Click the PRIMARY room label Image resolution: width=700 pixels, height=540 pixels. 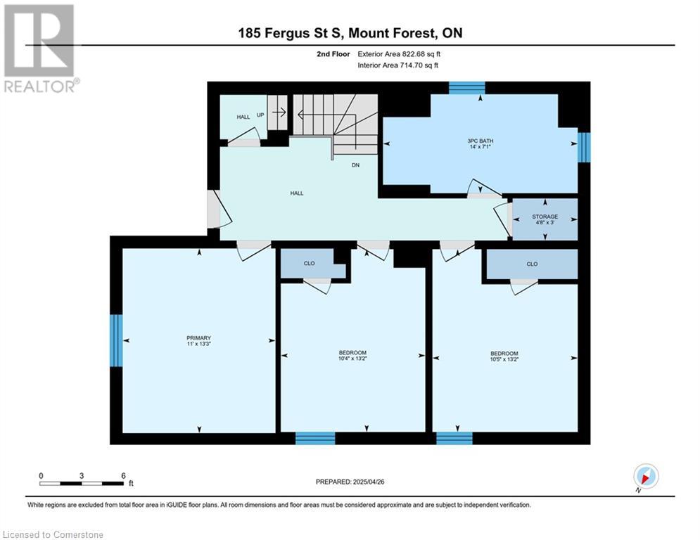click(x=198, y=337)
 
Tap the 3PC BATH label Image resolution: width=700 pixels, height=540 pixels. click(x=481, y=141)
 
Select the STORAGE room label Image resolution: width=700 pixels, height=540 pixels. click(x=545, y=217)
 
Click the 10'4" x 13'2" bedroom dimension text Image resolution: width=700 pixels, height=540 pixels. click(x=352, y=359)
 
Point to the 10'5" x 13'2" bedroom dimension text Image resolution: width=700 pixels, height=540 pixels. click(x=504, y=359)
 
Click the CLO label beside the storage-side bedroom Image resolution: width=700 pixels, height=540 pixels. click(x=532, y=264)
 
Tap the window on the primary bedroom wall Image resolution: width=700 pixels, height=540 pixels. click(x=116, y=340)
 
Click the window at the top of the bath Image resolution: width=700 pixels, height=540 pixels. click(x=467, y=88)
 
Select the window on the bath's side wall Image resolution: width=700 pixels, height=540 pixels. click(x=584, y=147)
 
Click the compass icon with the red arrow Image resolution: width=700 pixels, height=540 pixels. click(x=646, y=476)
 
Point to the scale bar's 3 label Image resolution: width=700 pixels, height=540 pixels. click(x=82, y=476)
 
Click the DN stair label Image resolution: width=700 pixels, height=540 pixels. click(x=355, y=165)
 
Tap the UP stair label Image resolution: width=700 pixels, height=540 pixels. click(x=260, y=115)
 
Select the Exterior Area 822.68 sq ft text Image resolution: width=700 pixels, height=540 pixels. click(x=399, y=54)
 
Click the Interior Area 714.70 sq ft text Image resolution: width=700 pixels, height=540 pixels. click(x=397, y=65)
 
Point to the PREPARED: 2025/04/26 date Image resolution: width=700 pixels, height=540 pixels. click(x=350, y=482)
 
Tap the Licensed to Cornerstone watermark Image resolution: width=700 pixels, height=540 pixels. click(x=53, y=534)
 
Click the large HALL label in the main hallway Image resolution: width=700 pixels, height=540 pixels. click(x=297, y=193)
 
